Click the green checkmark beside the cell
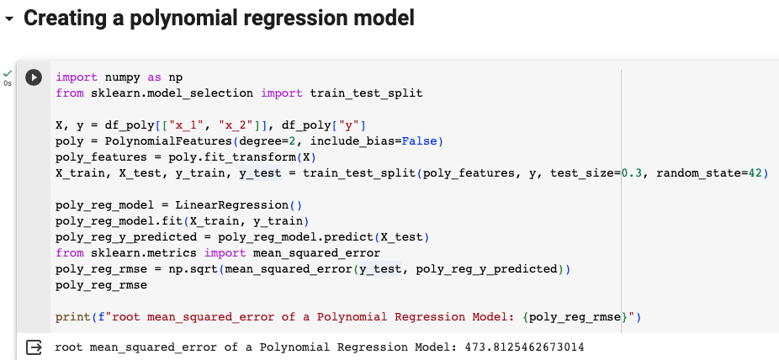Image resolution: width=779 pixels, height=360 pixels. tap(8, 73)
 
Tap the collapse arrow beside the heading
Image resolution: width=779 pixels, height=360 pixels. tap(9, 19)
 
